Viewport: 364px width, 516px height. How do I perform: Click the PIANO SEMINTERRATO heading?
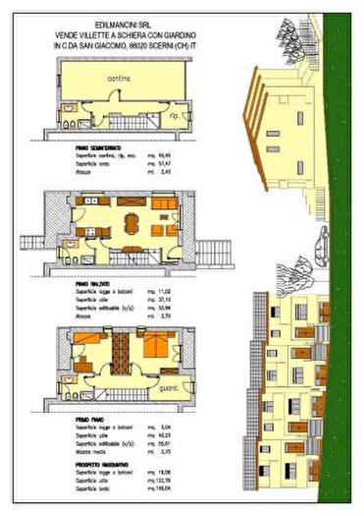pyautogui.click(x=93, y=145)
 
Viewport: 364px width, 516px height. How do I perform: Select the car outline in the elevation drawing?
pyautogui.click(x=322, y=241)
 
